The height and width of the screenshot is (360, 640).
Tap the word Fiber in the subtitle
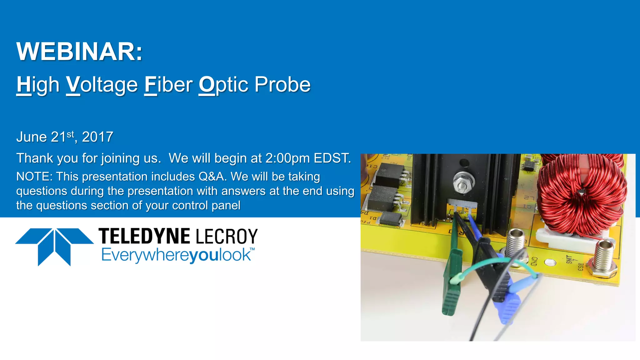pyautogui.click(x=168, y=85)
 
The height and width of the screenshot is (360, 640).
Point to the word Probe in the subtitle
pyautogui.click(x=282, y=85)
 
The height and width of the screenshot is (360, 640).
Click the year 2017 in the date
pyautogui.click(x=97, y=137)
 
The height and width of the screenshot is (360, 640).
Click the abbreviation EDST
pyautogui.click(x=332, y=158)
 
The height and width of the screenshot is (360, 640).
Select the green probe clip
pyautogui.click(x=452, y=281)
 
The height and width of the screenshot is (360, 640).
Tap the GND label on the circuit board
pyautogui.click(x=534, y=261)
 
